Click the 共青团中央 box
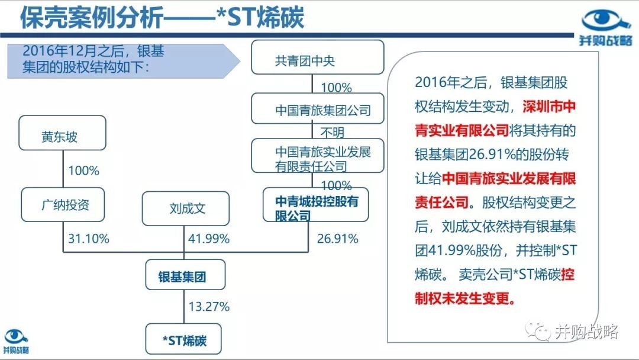coord(318,57)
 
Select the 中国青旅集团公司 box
coord(318,108)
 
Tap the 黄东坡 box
coord(62,133)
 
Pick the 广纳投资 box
coord(63,205)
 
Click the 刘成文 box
coord(185,208)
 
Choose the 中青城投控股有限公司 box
coord(316,205)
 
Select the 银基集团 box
coord(185,275)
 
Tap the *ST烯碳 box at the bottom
coord(183,339)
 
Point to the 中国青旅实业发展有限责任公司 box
coord(318,156)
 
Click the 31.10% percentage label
coord(88,239)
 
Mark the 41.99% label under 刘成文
coord(209,239)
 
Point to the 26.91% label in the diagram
coord(337,239)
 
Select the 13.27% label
coord(209,307)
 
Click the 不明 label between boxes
coord(332,132)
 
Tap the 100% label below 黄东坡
coord(83,171)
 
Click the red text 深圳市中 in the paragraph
coord(549,107)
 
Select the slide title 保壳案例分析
coord(92,18)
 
